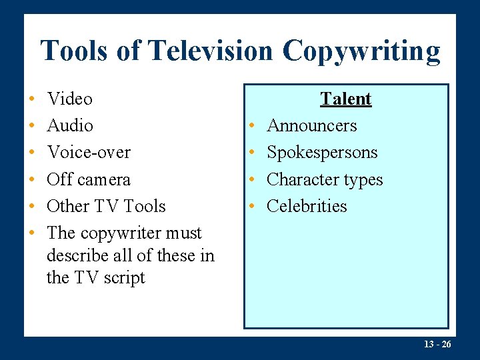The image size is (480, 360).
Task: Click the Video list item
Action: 70,99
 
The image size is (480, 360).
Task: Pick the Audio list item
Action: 70,125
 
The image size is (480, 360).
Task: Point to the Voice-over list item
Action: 89,152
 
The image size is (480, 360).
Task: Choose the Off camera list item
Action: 89,179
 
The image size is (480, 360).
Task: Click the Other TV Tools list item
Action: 106,206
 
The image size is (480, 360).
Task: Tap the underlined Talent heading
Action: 345,99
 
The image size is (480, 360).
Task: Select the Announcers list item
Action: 311,125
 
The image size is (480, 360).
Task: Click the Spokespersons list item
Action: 322,153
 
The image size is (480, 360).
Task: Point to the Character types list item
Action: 325,179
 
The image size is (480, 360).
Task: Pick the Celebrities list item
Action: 307,206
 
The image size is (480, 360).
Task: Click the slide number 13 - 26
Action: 437,344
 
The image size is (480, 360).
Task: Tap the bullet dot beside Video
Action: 32,99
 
